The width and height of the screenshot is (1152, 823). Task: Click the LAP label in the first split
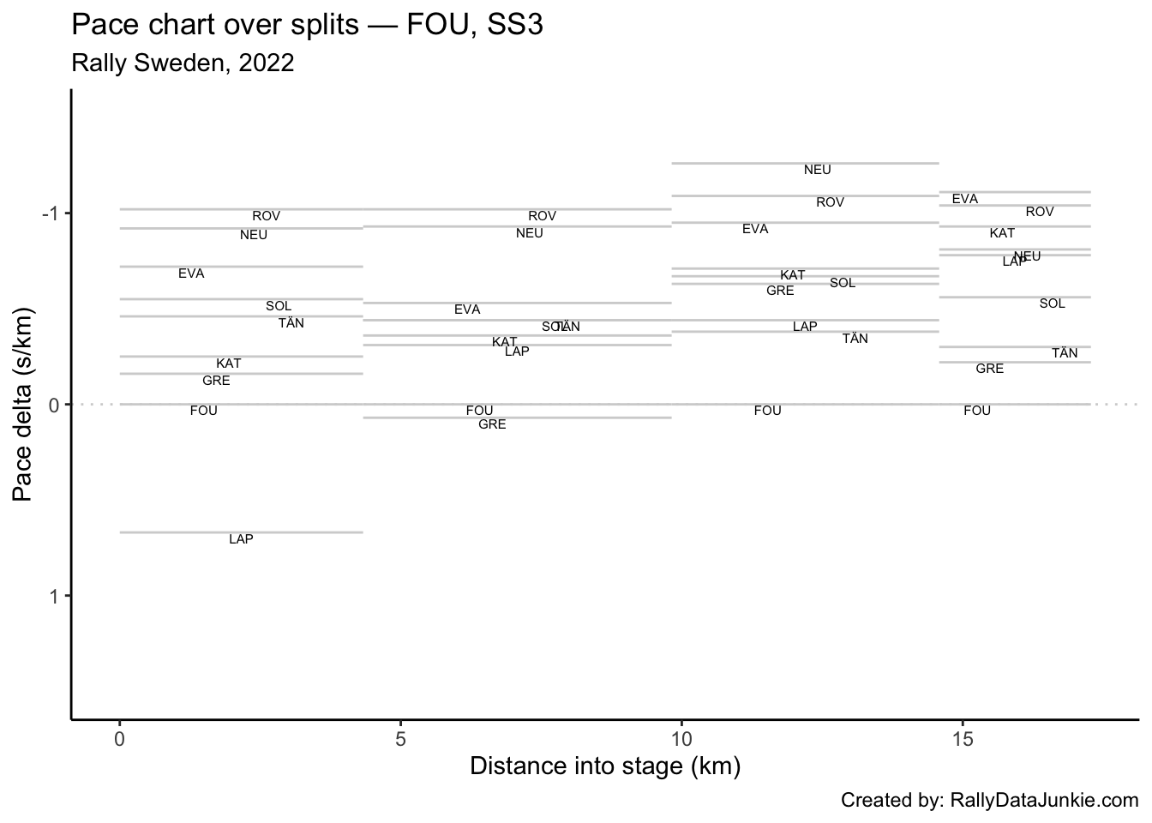point(241,539)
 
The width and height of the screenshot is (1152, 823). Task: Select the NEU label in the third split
point(817,170)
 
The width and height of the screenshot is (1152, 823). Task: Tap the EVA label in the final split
point(964,199)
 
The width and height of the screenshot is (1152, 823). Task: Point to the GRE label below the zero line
point(492,424)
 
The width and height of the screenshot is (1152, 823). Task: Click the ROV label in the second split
point(542,216)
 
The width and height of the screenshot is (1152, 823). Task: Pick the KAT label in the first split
point(228,363)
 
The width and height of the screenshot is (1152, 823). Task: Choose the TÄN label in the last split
point(1065,353)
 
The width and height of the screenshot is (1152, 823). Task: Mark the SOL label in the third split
point(842,283)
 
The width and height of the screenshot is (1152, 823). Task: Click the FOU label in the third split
point(767,411)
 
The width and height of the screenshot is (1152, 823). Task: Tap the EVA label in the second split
point(467,309)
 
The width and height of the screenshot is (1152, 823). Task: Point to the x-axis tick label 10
point(681,738)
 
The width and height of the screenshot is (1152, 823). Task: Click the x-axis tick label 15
point(962,738)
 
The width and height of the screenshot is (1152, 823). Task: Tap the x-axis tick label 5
point(400,738)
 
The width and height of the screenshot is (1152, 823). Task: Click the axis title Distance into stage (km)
point(604,766)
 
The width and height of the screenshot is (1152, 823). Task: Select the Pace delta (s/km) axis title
point(23,404)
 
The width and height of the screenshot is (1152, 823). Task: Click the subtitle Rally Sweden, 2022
point(183,63)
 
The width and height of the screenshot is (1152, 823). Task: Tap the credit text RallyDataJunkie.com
point(1044,800)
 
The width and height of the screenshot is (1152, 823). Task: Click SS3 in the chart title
point(514,25)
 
